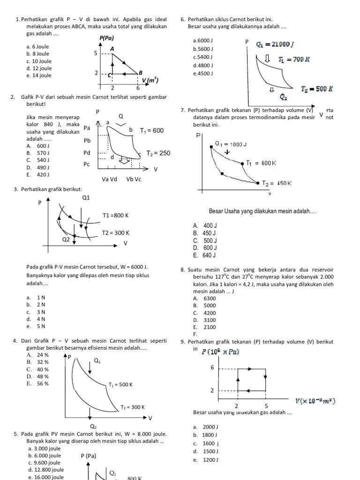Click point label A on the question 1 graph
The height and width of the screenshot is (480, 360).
[112, 49]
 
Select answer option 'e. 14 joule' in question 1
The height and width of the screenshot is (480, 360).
[39, 75]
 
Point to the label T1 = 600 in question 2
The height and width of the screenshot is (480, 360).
[152, 130]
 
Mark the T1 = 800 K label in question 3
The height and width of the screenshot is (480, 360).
[115, 216]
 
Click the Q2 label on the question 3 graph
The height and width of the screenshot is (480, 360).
[66, 239]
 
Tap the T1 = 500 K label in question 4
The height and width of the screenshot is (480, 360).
[120, 385]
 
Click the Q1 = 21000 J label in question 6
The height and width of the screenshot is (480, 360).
[275, 45]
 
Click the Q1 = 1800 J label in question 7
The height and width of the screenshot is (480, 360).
[231, 144]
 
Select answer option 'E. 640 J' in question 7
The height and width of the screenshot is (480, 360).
[204, 255]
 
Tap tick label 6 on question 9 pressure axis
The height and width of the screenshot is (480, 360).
[212, 367]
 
